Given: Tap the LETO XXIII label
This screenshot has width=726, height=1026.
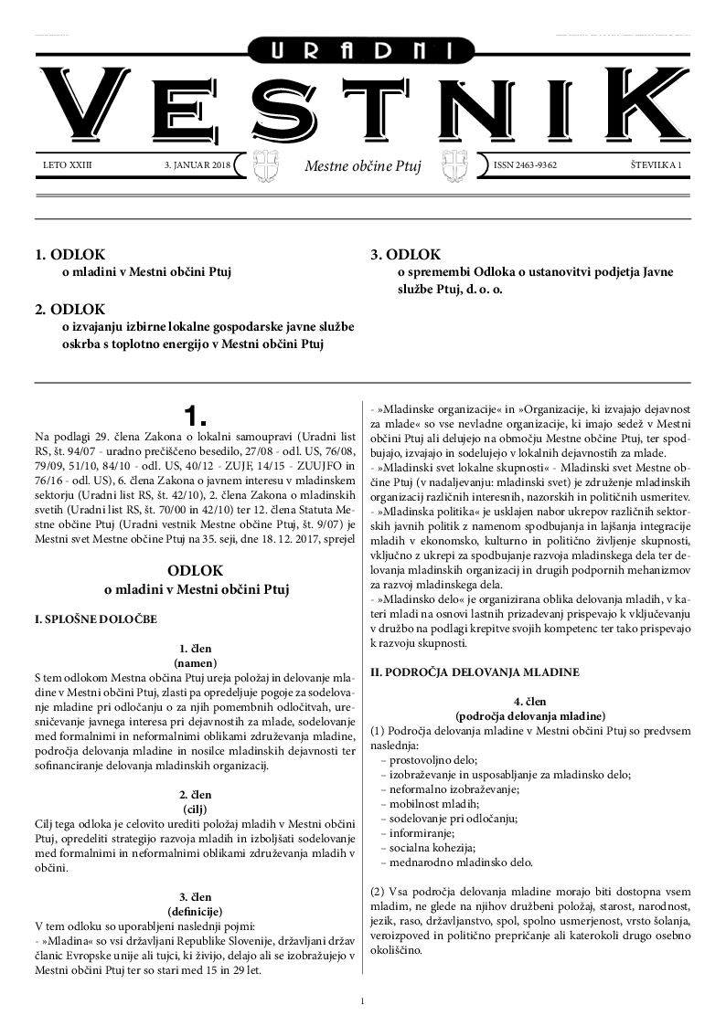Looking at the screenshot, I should [69, 165].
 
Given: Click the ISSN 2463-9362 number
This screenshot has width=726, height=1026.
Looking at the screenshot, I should [525, 165].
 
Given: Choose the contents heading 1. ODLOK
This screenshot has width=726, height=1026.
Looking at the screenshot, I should [70, 255].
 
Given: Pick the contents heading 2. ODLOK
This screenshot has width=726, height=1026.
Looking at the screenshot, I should [70, 309].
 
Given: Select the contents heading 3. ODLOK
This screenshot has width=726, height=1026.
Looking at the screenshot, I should [406, 255].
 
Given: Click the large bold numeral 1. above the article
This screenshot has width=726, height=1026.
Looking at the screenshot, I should [196, 417].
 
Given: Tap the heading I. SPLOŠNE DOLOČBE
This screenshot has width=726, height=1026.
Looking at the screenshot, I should [95, 619].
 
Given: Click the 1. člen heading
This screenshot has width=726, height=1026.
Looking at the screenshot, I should [196, 650].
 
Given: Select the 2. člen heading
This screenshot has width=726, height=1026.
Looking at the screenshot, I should [196, 795].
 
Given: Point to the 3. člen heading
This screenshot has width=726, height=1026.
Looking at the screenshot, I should [196, 897].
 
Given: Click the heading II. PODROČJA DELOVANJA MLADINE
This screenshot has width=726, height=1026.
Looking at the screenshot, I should [474, 672].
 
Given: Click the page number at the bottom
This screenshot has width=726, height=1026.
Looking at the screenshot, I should [363, 1001].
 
